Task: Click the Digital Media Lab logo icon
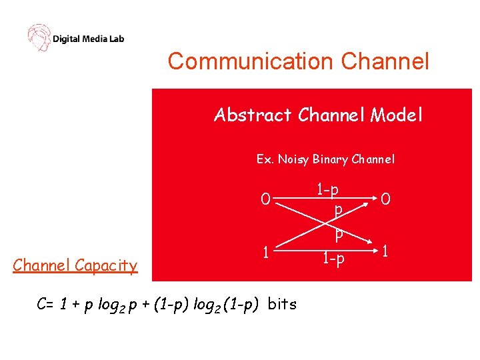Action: pos(39,37)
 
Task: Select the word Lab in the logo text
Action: pos(116,39)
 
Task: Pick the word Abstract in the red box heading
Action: pos(253,115)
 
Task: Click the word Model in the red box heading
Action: pos(397,115)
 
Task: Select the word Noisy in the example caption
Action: pos(293,159)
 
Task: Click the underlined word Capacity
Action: pos(106,266)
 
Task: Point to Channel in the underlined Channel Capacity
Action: pos(41,266)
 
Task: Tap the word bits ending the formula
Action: pos(282,305)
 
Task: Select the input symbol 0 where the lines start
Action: pos(265,199)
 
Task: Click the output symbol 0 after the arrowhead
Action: pos(387,199)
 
